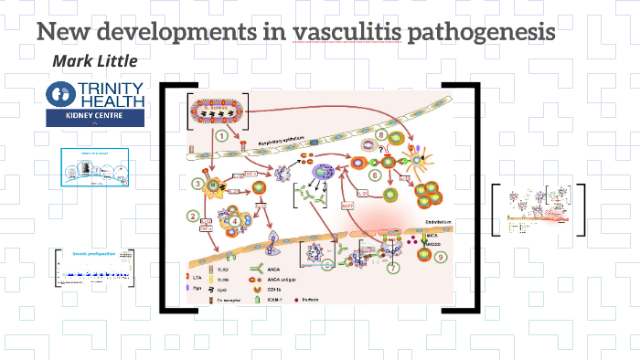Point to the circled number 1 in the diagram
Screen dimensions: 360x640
(221, 135)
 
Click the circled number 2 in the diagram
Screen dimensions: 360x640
(193, 217)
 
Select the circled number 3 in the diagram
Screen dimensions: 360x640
(197, 184)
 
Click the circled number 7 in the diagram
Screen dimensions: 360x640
(393, 268)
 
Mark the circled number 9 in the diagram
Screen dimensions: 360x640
(442, 259)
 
